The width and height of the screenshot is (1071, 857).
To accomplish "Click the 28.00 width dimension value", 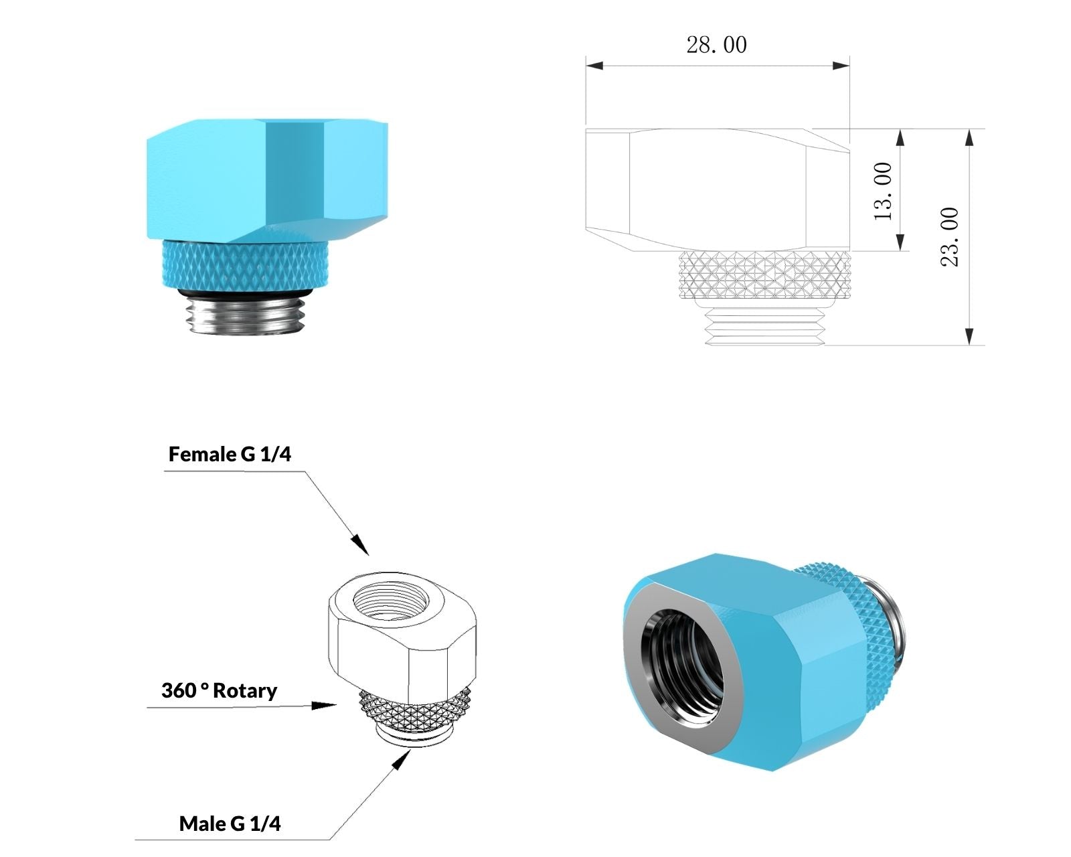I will click(716, 45).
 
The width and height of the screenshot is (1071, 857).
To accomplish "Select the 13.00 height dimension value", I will click(883, 191).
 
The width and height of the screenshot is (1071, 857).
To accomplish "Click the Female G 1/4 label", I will click(230, 455).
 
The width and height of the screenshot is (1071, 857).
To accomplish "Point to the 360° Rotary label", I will click(219, 690).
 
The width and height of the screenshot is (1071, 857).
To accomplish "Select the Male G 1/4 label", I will click(230, 824).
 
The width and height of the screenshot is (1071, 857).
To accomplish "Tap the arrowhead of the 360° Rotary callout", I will click(326, 705).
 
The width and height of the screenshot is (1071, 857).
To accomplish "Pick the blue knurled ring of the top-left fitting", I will click(244, 266).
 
